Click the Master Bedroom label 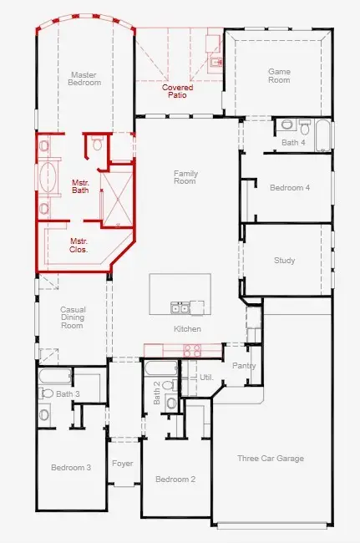tap(85, 79)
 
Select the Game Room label tap(279, 76)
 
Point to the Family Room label tap(185, 177)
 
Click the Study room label tap(284, 261)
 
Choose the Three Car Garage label tap(270, 458)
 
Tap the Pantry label tap(244, 366)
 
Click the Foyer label tap(124, 462)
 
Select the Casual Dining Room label tap(73, 317)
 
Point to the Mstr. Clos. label tap(79, 245)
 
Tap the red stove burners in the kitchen tap(191, 350)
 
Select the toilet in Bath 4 tap(287, 125)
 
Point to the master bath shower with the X tap(116, 197)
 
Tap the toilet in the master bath tap(97, 145)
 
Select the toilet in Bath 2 tap(171, 402)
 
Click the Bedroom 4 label tap(289, 188)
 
